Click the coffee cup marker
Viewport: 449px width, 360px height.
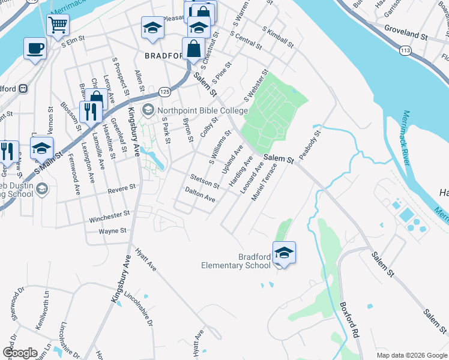click(35, 47)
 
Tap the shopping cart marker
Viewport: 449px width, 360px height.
click(58, 25)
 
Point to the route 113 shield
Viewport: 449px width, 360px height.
click(405, 51)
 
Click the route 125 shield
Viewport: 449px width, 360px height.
click(164, 91)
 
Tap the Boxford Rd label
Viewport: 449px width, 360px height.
click(349, 323)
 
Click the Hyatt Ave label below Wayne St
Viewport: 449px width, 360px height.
click(145, 259)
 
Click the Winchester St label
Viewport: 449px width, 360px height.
click(109, 214)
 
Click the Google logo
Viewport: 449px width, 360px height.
click(20, 352)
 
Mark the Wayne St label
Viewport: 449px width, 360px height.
click(112, 230)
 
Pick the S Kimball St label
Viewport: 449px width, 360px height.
click(277, 37)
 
